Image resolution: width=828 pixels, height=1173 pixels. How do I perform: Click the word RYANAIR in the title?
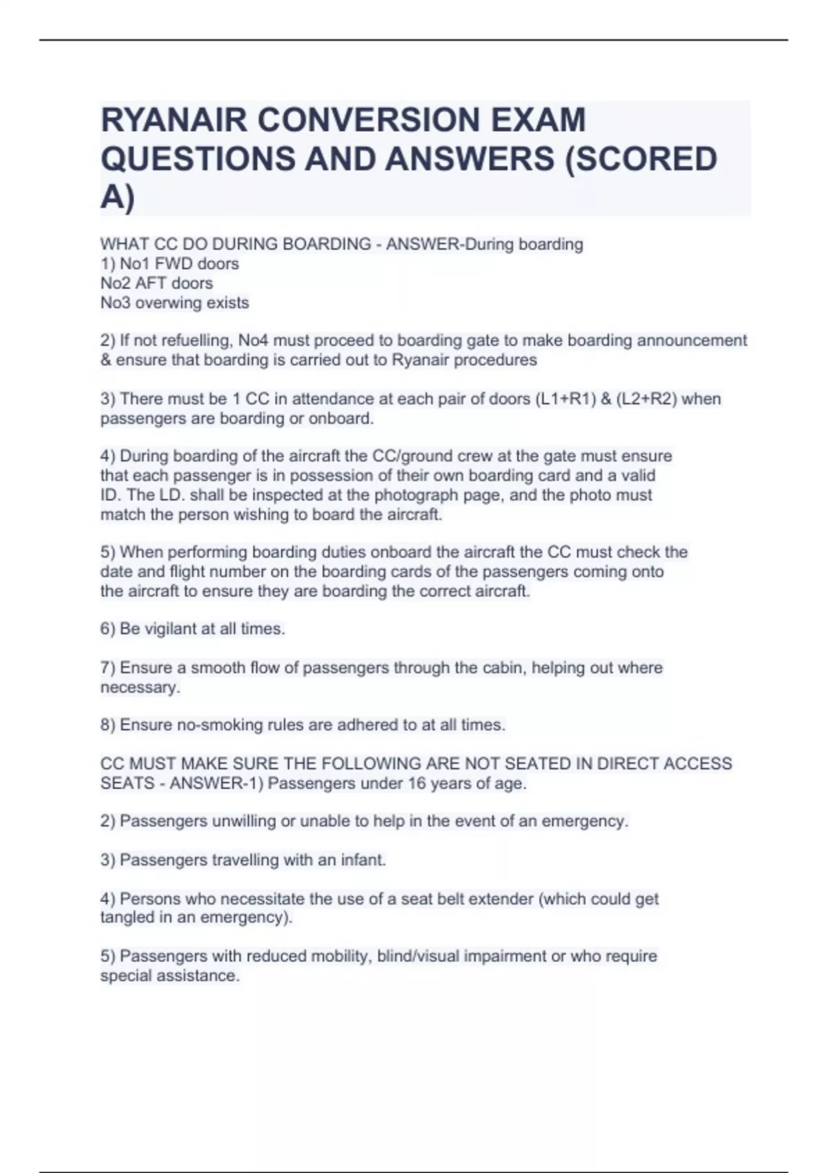[x=174, y=120]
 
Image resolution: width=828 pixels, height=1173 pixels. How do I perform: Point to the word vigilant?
[x=165, y=629]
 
